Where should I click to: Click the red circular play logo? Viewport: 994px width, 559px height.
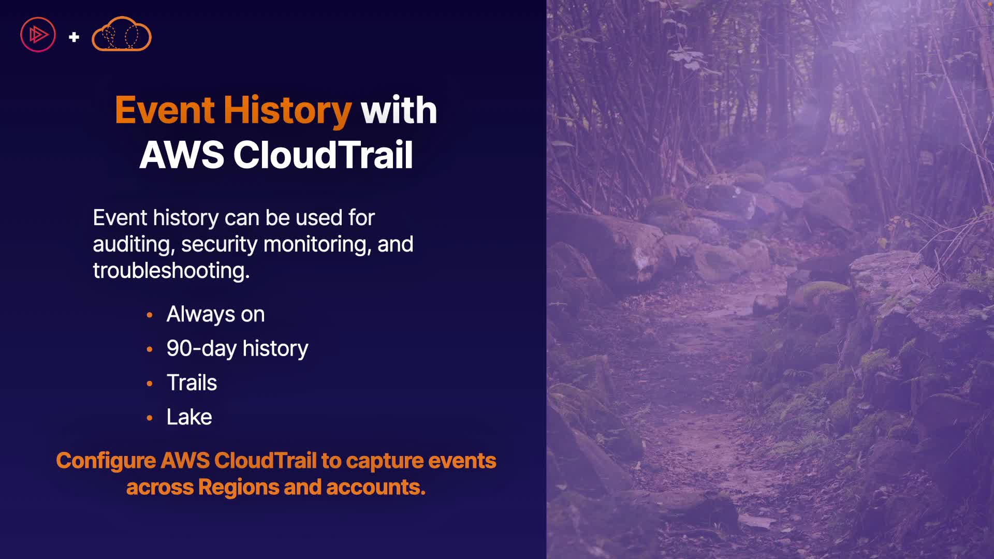(38, 35)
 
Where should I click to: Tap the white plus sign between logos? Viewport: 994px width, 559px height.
(74, 37)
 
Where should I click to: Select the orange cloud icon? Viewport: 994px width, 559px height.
(122, 34)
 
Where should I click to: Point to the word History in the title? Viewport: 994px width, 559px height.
(287, 111)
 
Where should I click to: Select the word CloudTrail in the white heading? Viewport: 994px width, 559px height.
(323, 155)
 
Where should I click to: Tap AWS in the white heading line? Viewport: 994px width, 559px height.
(182, 155)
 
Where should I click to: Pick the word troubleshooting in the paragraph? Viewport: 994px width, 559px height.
(171, 271)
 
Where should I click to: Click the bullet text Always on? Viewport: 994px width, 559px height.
(215, 314)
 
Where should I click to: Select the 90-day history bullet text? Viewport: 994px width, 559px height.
(237, 349)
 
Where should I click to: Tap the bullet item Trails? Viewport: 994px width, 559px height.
(192, 383)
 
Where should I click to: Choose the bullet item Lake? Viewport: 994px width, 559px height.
(189, 417)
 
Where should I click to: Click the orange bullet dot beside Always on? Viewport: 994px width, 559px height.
(150, 315)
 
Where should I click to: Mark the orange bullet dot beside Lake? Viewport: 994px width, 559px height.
(150, 418)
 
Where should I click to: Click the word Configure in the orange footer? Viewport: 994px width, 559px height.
(106, 461)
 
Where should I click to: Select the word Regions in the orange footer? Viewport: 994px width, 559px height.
(238, 488)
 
